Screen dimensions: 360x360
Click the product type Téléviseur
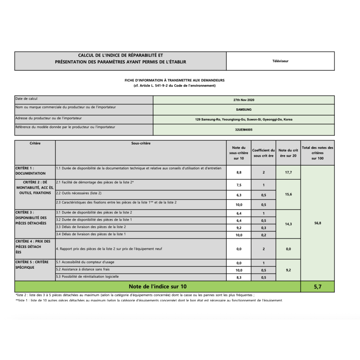[x=280, y=61]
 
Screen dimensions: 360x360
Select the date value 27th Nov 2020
[x=244, y=100]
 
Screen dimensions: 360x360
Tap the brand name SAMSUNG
[x=244, y=109]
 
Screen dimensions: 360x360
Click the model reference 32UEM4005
[x=244, y=129]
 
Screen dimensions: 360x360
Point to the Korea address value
[x=244, y=119]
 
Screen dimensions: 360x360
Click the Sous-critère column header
[x=141, y=144]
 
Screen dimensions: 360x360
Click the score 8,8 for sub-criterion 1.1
[x=238, y=172]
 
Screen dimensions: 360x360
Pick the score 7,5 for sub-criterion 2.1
[x=238, y=185]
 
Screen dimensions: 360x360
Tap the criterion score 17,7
[x=288, y=172]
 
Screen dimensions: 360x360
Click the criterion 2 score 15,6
[x=288, y=194]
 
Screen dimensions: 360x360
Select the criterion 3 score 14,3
[x=288, y=224]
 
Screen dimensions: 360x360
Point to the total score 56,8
[x=318, y=223]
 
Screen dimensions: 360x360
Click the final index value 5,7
[x=318, y=286]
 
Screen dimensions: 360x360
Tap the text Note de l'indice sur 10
[x=157, y=286]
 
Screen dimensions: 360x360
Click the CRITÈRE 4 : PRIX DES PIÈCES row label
[x=34, y=247]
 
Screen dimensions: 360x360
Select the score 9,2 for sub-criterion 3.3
[x=238, y=228]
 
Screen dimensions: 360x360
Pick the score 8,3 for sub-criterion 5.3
[x=238, y=278]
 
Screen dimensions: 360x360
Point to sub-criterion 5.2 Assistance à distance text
[x=83, y=270]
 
